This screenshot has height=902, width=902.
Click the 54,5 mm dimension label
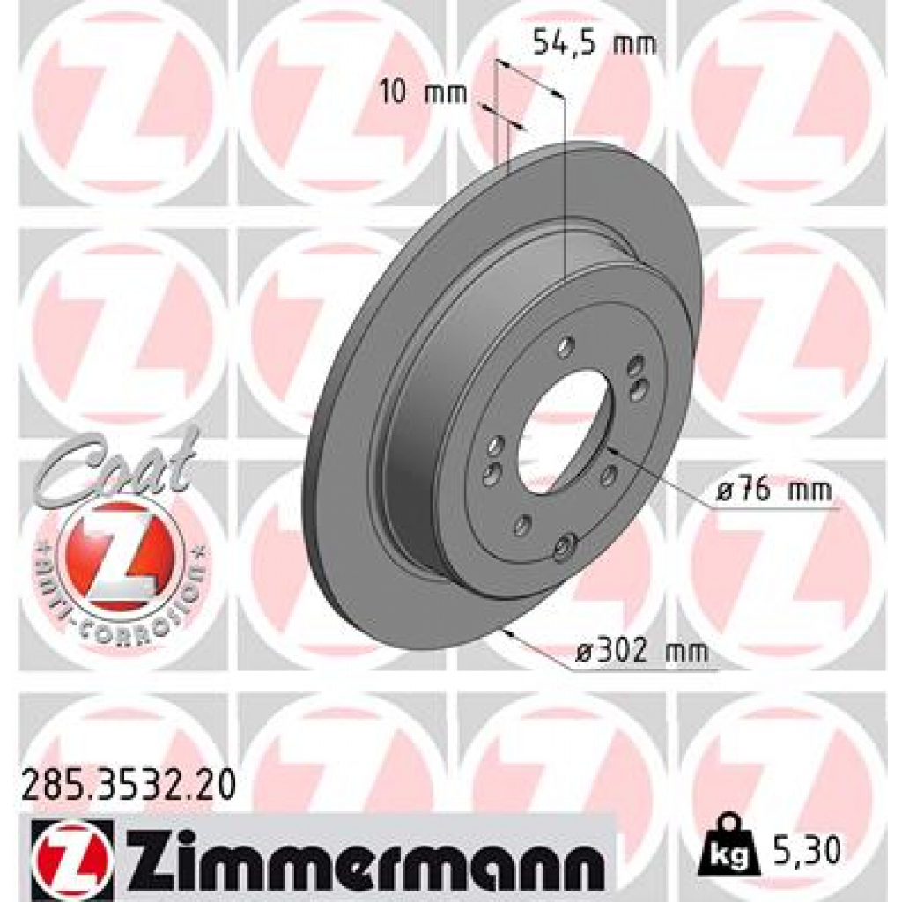[595, 43]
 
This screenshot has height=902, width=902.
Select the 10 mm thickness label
[424, 92]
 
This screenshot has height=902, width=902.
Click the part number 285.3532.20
[128, 784]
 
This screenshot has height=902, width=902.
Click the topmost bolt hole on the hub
[566, 344]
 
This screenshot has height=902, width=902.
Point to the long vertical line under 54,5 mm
[562, 185]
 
